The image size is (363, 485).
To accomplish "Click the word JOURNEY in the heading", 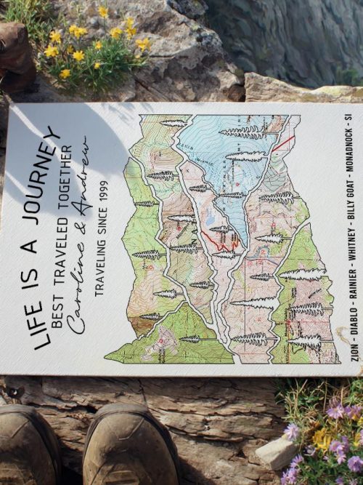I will click(x=45, y=165).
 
